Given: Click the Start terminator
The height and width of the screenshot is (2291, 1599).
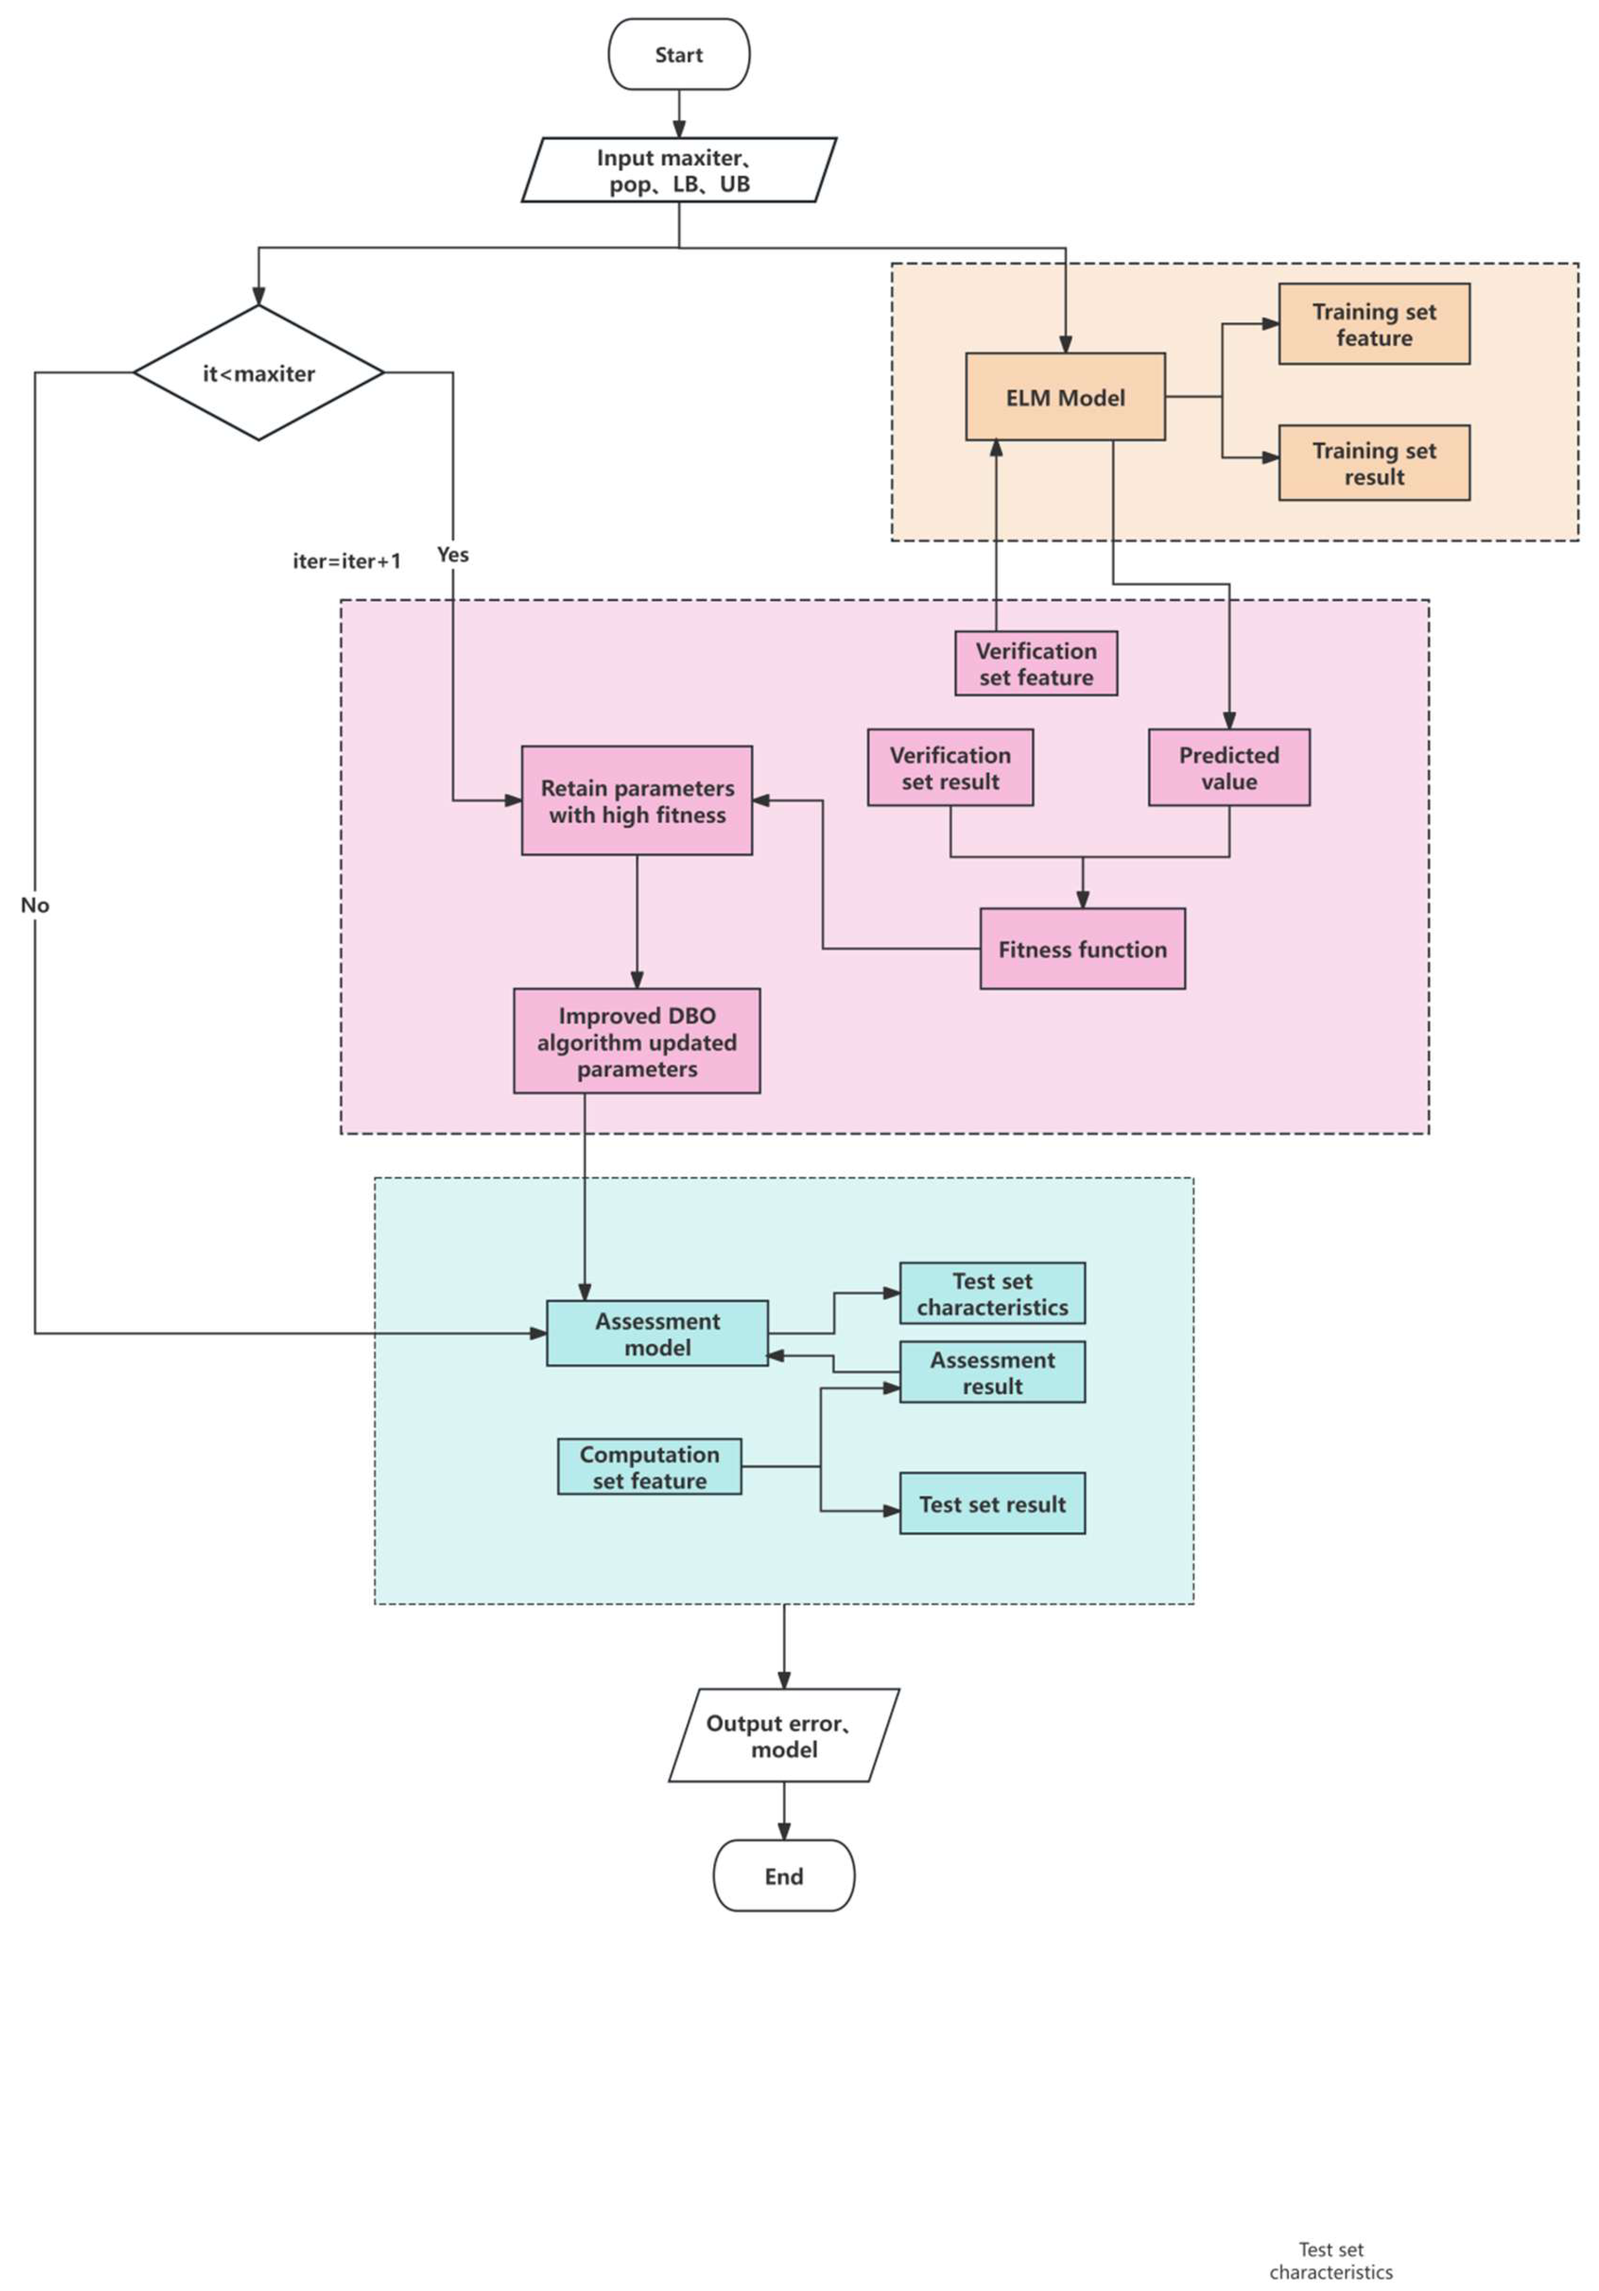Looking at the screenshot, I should pos(678,55).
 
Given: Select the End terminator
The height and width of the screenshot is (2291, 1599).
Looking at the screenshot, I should pos(783,1876).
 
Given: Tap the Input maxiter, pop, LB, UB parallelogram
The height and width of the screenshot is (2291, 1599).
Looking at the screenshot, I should pos(678,171).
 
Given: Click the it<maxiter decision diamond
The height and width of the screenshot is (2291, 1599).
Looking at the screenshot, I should pos(258,373).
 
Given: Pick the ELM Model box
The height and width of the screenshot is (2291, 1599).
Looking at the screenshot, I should pos(1064,397).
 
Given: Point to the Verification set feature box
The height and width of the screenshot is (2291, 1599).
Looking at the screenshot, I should pos(1036,663).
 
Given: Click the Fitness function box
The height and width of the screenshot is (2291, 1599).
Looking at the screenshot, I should pos(1082,949).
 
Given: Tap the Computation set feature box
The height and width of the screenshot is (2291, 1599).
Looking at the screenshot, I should pos(648,1467).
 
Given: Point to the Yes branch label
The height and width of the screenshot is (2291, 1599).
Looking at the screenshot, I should pos(452,555).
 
